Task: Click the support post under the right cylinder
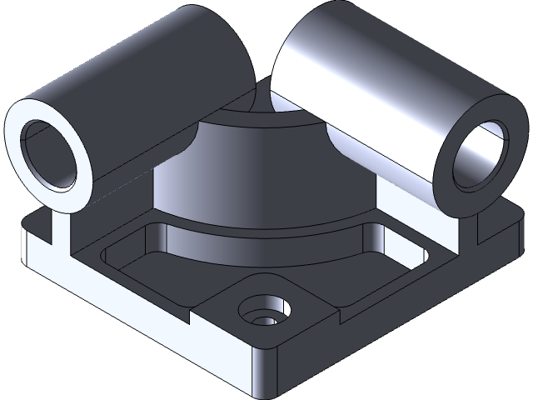tap(466, 229)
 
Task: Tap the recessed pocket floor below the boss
tap(250, 267)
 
